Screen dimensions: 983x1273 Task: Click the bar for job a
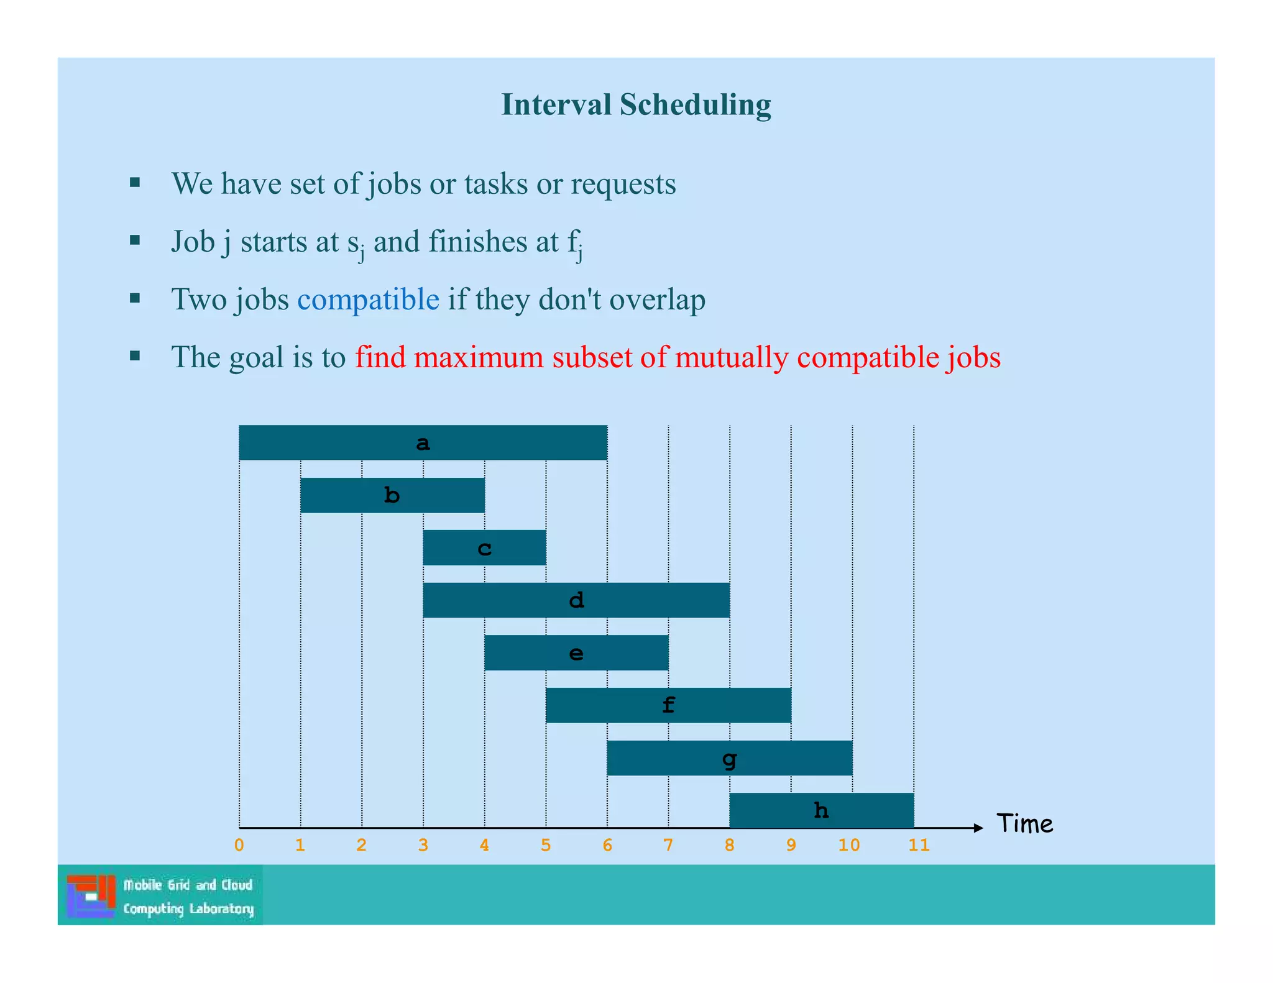coord(423,442)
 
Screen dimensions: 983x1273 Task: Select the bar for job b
coord(392,495)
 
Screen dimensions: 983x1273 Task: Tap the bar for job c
coord(484,547)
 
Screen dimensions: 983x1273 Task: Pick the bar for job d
coord(576,600)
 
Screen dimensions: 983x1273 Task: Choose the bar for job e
coord(576,652)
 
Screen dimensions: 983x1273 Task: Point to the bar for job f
coord(668,705)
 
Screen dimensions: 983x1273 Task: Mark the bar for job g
coord(729,758)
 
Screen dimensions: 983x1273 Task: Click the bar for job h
coord(821,810)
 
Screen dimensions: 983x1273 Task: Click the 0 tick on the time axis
coord(239,845)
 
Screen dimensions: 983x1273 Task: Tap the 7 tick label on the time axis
coord(668,845)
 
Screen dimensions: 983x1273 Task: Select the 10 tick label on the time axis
coord(849,845)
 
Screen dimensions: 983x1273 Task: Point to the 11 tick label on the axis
coord(919,845)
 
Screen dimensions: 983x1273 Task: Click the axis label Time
coord(1025,824)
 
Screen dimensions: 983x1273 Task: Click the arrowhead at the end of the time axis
coord(978,828)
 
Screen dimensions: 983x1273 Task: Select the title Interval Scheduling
coord(636,104)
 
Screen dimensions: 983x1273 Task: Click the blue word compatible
coord(368,299)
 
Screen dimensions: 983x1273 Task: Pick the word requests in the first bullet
coord(623,184)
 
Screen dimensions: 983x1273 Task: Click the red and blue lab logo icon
coord(91,896)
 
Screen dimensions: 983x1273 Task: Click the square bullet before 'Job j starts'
coord(135,240)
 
